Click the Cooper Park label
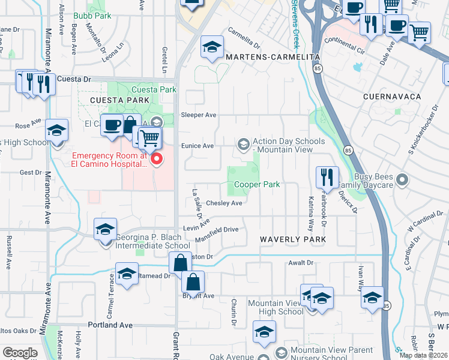click(x=257, y=185)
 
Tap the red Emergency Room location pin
click(x=157, y=160)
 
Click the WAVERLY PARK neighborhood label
click(x=293, y=239)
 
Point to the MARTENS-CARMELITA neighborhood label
click(x=273, y=56)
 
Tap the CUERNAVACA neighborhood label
click(x=392, y=97)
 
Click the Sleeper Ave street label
click(x=199, y=115)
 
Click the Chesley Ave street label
click(x=224, y=203)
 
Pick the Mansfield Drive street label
click(x=217, y=230)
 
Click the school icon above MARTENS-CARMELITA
click(x=211, y=48)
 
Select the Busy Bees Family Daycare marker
click(x=402, y=179)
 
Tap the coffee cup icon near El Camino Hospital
click(x=112, y=125)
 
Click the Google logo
click(x=20, y=353)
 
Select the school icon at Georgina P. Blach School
click(x=104, y=229)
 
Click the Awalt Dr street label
click(x=301, y=263)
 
